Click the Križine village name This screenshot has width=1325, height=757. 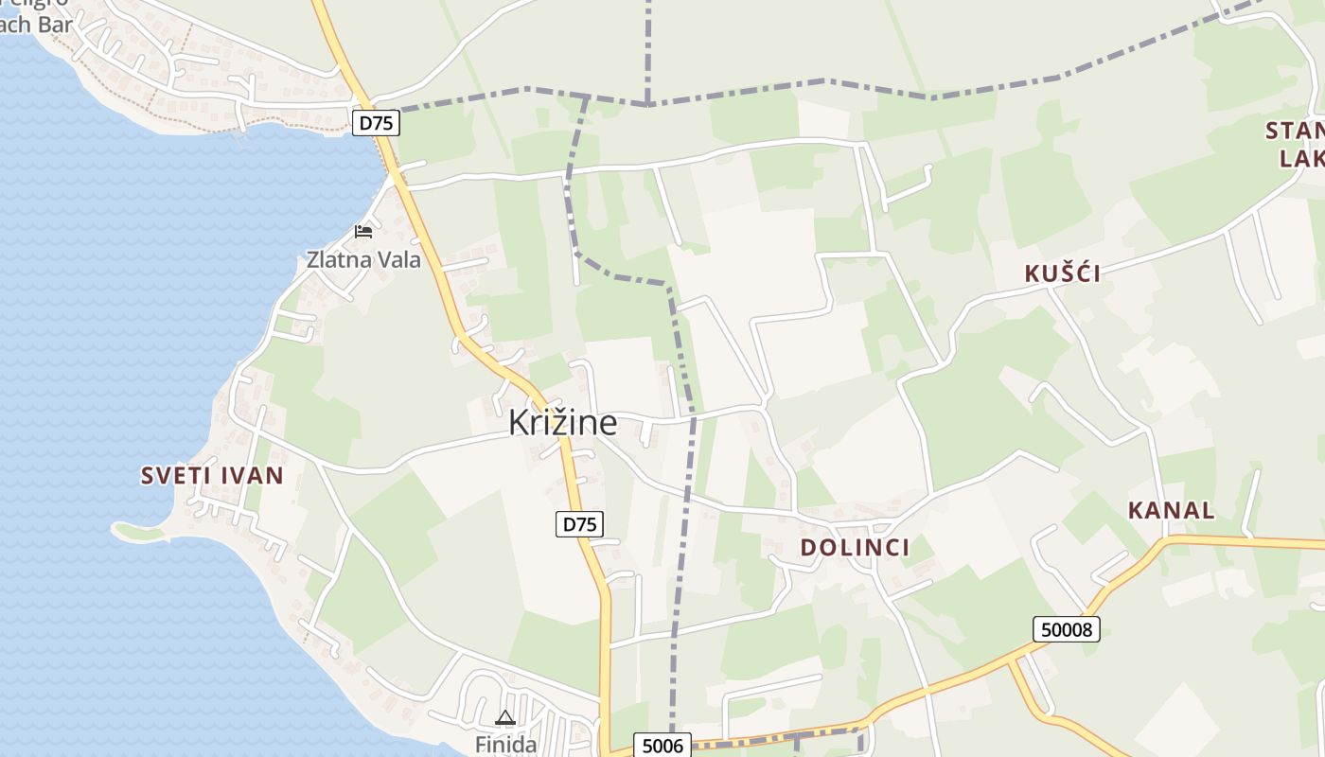[x=562, y=423]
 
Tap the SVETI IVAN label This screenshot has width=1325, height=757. [x=212, y=476]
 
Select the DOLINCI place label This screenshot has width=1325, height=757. [x=855, y=547]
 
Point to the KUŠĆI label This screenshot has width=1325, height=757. [x=1062, y=273]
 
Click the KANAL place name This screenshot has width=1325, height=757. [x=1171, y=510]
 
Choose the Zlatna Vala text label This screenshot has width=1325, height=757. [x=363, y=259]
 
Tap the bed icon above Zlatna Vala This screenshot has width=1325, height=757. [x=363, y=231]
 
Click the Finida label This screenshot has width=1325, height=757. [x=505, y=744]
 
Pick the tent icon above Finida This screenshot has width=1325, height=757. [x=505, y=718]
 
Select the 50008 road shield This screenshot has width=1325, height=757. [x=1066, y=628]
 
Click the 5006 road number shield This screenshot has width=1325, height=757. [x=662, y=746]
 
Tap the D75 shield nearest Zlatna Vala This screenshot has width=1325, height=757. [x=376, y=122]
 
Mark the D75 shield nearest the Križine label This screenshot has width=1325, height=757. [x=579, y=524]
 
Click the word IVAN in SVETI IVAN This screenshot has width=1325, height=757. [x=251, y=476]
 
